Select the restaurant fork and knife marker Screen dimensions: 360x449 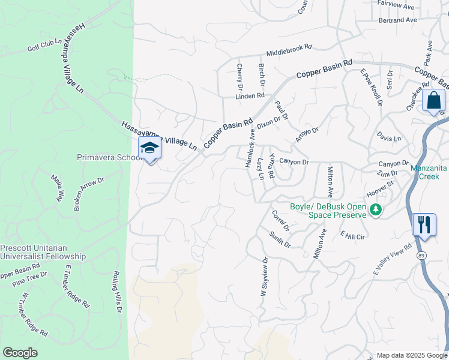424,225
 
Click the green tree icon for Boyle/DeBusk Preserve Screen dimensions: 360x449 375,209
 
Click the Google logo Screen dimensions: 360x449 20,353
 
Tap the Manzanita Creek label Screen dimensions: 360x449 429,172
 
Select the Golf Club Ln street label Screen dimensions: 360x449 44,46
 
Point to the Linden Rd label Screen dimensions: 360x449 250,95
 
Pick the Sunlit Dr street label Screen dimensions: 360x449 280,239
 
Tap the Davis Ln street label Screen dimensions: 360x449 389,138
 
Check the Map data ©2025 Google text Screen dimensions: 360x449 411,355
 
